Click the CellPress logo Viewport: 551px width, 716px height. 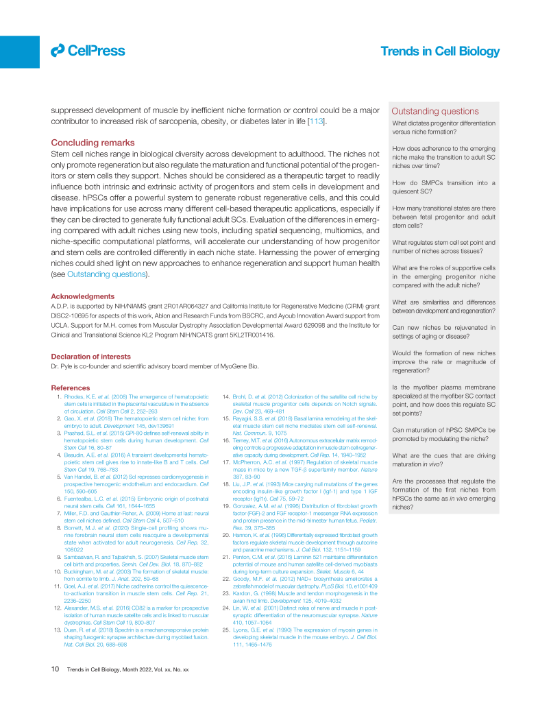coord(88,50)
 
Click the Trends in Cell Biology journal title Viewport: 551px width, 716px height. coord(440,51)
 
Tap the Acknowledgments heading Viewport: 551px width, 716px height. coord(83,296)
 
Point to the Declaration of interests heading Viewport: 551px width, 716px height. coord(91,356)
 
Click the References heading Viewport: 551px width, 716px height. coord(71,387)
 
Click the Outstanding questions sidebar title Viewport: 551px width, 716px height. coord(435,111)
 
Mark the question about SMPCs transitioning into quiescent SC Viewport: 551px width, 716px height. coord(443,187)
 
